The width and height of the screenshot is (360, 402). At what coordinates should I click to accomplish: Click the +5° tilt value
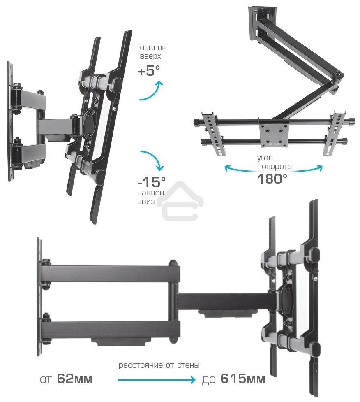(148, 71)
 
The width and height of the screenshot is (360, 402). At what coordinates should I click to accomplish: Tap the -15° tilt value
(152, 181)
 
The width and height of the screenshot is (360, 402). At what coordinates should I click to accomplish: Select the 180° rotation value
(272, 179)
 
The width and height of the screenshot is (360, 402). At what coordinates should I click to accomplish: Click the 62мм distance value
(75, 379)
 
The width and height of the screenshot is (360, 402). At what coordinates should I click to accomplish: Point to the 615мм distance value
(242, 379)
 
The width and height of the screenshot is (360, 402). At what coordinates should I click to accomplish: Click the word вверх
(150, 57)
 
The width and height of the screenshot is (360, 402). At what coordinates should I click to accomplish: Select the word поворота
(275, 167)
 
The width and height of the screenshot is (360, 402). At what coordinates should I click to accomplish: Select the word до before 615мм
(209, 379)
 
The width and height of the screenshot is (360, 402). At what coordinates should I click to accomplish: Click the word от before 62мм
(46, 379)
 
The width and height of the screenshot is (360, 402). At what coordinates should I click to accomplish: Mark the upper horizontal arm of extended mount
(111, 273)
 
